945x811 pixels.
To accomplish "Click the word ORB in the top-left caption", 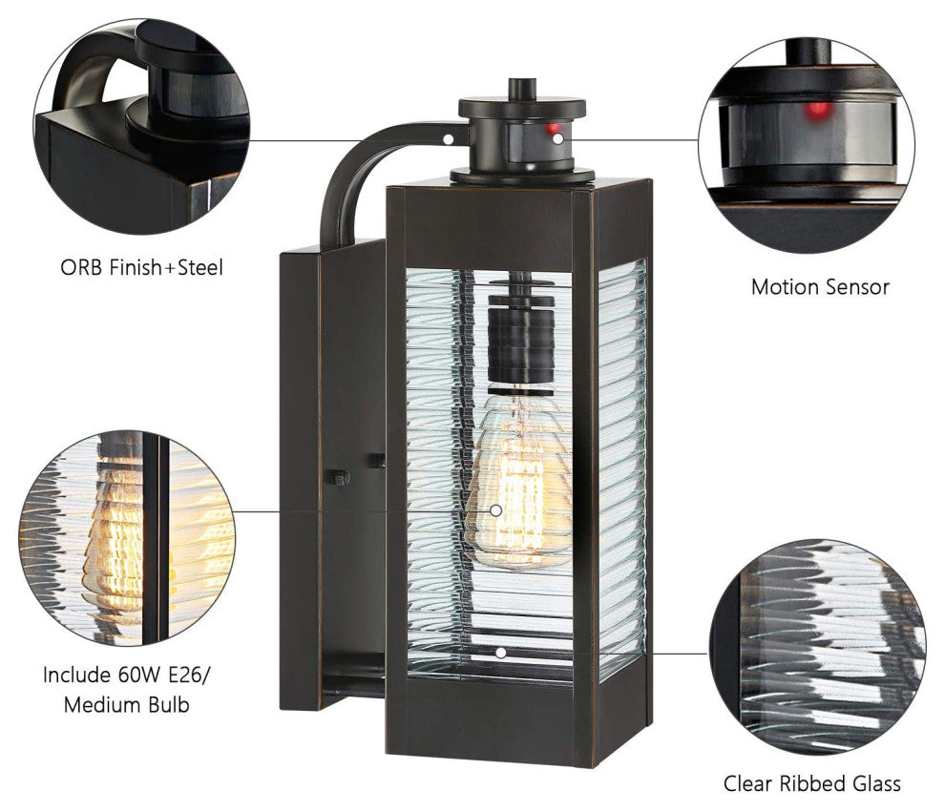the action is click(x=81, y=267).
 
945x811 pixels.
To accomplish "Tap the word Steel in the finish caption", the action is click(x=200, y=267).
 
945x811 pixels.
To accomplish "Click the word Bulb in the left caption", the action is click(x=168, y=704).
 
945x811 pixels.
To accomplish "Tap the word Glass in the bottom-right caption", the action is click(x=877, y=783).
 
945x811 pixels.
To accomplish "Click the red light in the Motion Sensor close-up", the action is click(x=817, y=110).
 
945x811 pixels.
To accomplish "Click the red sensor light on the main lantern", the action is click(x=553, y=129).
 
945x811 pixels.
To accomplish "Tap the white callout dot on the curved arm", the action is click(x=449, y=139).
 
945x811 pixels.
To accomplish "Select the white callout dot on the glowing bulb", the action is click(x=496, y=510).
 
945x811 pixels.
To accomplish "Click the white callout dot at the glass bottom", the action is click(x=500, y=653).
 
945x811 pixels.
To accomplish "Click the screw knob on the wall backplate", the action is click(x=338, y=478).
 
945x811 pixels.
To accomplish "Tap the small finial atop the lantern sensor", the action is click(x=522, y=89).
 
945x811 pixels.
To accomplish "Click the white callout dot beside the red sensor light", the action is click(x=558, y=139).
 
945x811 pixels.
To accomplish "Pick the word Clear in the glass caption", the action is click(x=748, y=783).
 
